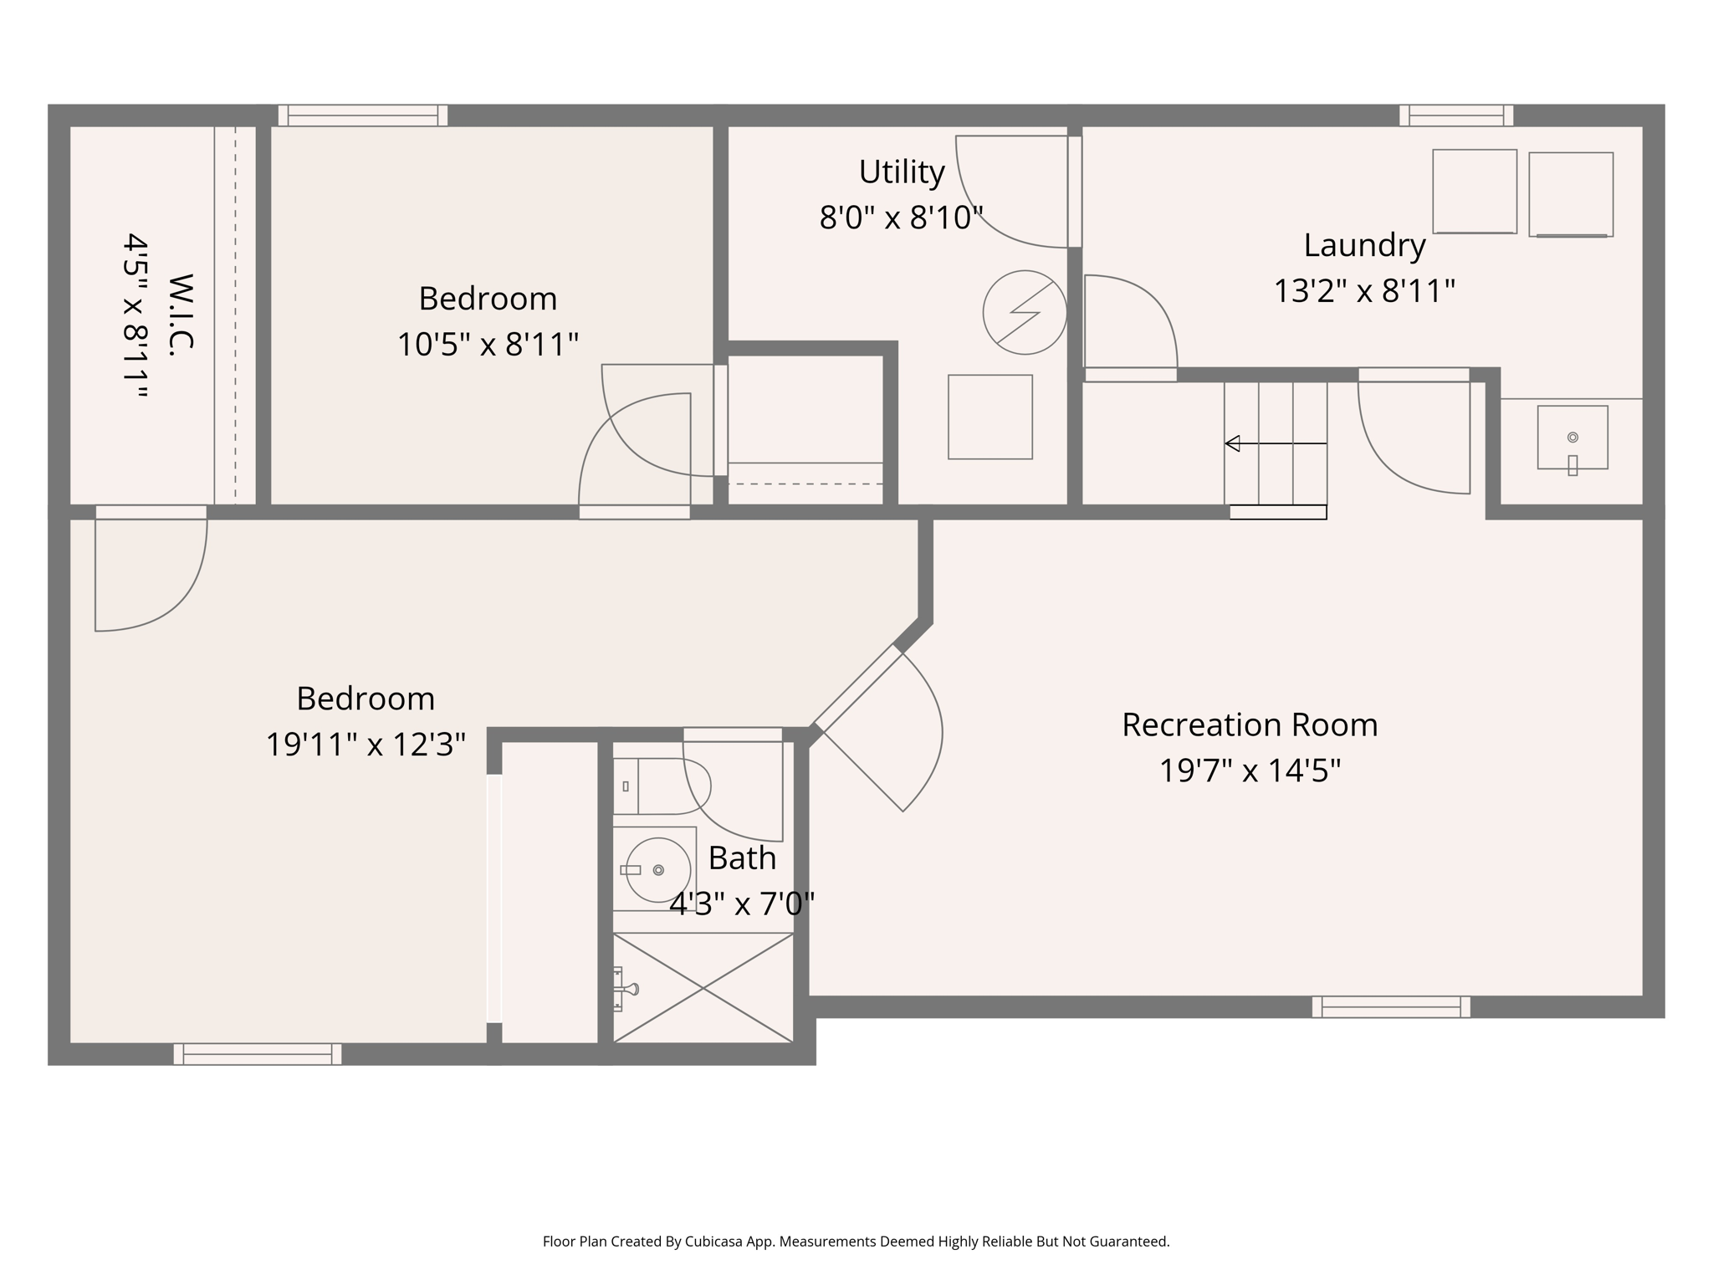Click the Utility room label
[902, 172]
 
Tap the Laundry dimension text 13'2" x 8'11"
[1364, 291]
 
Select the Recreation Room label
[1250, 724]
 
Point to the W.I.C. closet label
[180, 315]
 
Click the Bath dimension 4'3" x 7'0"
[742, 904]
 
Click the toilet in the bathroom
[661, 786]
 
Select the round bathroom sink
[658, 870]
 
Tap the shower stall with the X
[703, 988]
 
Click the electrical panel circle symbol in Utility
[1025, 312]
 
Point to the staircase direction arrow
[1275, 443]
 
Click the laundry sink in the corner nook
[1572, 438]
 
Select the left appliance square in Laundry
[1475, 192]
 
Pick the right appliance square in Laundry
[1571, 194]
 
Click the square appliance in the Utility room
[989, 417]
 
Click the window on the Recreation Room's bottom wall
[1391, 1006]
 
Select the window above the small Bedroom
[363, 115]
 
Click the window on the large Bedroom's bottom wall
[258, 1054]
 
